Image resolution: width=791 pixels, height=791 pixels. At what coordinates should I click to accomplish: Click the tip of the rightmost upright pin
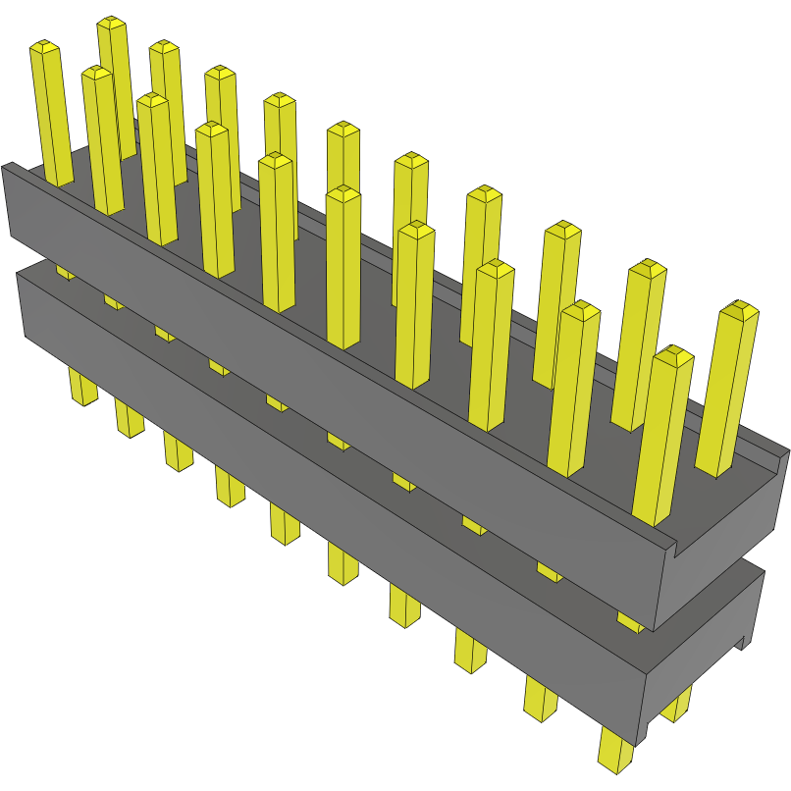pos(739,311)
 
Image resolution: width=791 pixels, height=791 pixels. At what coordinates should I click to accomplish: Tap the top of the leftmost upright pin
pos(45,46)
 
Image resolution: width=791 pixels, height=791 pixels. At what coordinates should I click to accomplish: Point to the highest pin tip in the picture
pos(112,23)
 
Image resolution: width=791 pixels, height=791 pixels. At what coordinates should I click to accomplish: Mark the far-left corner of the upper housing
pos(6,167)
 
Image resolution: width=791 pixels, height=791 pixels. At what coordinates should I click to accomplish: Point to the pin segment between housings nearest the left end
pos(65,270)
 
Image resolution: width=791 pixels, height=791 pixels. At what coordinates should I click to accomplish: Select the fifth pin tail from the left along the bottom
pos(285,520)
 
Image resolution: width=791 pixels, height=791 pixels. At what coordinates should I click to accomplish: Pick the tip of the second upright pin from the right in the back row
pos(647,268)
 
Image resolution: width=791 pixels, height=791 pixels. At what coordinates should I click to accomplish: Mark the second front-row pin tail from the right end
pos(539,697)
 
